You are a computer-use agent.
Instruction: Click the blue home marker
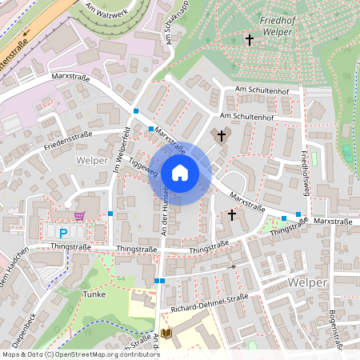pyautogui.click(x=180, y=172)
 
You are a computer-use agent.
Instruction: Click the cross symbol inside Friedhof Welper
pyautogui.click(x=249, y=39)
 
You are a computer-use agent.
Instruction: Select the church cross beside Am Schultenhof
pyautogui.click(x=222, y=136)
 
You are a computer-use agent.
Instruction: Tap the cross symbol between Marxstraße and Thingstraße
pyautogui.click(x=232, y=214)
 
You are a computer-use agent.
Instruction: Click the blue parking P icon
pyautogui.click(x=63, y=233)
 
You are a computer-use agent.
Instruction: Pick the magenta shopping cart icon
pyautogui.click(x=79, y=215)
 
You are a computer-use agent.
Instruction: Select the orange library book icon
pyautogui.click(x=166, y=333)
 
